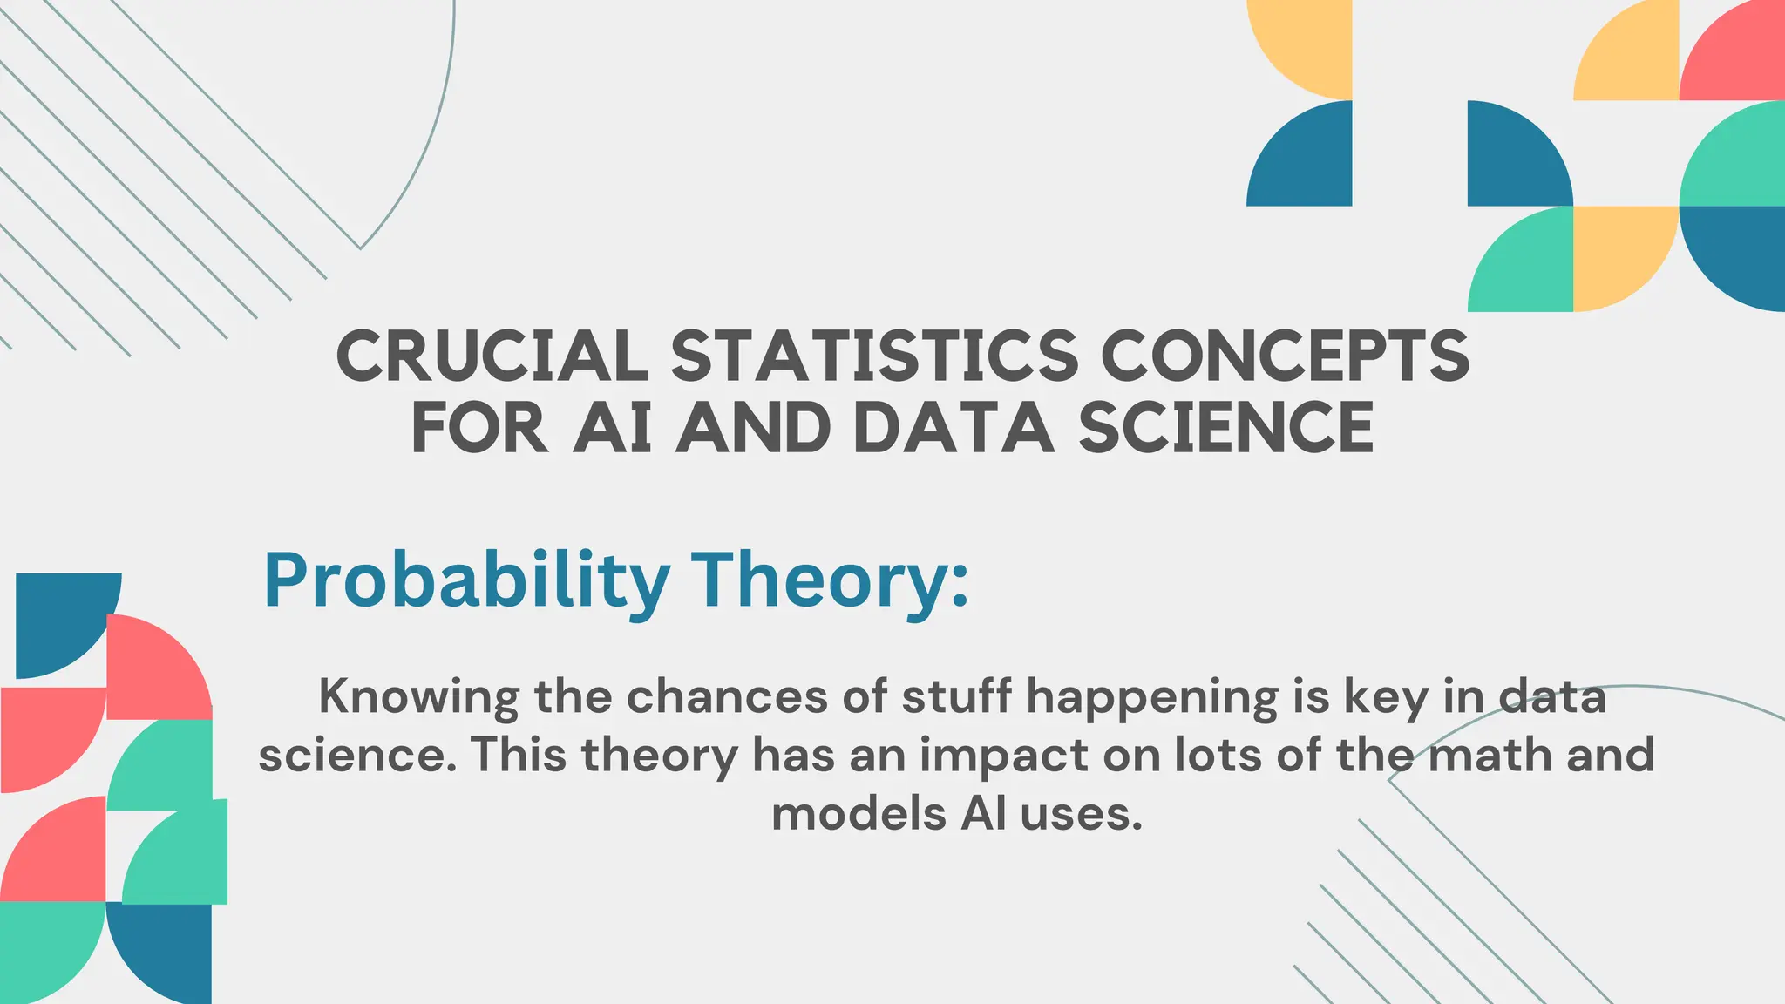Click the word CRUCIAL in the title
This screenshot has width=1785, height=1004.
(x=492, y=356)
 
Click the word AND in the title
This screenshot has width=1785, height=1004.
(x=754, y=428)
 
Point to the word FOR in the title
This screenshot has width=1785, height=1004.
(x=479, y=428)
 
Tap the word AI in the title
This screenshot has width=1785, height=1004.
(x=613, y=428)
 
